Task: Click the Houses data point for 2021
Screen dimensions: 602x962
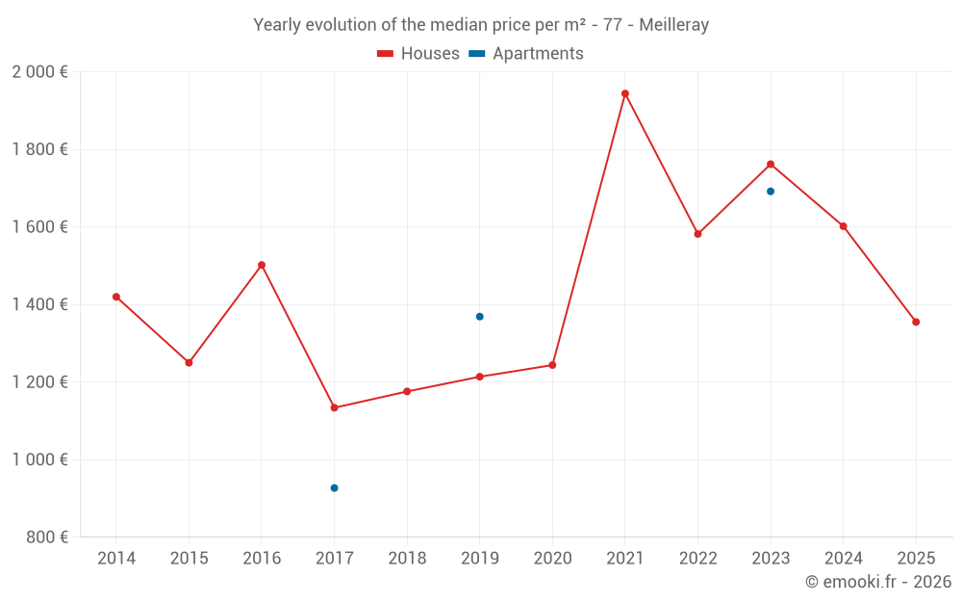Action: (x=625, y=93)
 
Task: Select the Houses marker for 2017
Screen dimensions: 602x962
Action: (x=334, y=407)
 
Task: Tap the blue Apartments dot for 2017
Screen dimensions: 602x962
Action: (x=334, y=488)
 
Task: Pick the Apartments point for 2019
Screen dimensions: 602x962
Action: (x=479, y=317)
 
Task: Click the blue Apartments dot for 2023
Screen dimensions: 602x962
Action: (x=771, y=191)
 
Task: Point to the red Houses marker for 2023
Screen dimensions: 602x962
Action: (x=771, y=164)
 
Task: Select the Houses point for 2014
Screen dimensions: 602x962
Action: (x=116, y=297)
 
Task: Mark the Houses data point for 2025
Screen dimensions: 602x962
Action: (x=916, y=322)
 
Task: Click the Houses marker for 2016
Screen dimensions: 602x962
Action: (x=262, y=265)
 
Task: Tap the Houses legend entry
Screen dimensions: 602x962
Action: (x=418, y=54)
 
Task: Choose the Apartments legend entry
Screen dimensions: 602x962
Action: (x=526, y=54)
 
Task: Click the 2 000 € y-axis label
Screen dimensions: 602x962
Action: (x=39, y=72)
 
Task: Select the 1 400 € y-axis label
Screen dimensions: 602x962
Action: (x=39, y=304)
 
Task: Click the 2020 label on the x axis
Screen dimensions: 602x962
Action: (x=552, y=559)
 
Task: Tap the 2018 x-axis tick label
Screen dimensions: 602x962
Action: (x=407, y=559)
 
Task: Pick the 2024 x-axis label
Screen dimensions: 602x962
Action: (x=843, y=559)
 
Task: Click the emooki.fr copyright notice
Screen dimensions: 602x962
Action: (x=877, y=582)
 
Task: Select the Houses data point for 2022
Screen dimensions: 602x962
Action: (x=697, y=234)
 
